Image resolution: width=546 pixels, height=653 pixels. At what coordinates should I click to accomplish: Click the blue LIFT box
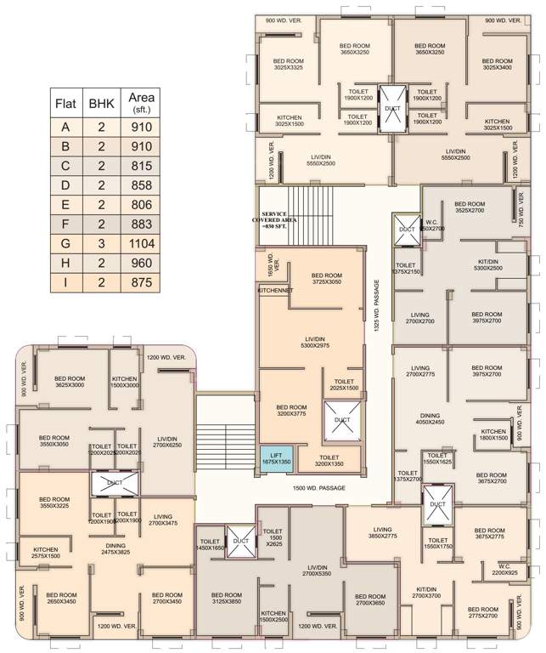coord(276,460)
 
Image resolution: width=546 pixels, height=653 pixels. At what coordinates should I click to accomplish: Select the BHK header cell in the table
coord(101,104)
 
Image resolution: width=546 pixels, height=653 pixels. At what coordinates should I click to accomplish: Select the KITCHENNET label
coord(275,291)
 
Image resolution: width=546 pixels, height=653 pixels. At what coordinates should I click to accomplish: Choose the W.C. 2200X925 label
coord(504,570)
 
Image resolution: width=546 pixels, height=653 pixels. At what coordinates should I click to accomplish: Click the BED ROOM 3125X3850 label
coord(227,599)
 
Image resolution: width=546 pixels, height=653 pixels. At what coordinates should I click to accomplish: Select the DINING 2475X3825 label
coord(115,548)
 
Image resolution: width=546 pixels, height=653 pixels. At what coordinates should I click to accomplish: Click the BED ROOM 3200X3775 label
coord(291,412)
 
